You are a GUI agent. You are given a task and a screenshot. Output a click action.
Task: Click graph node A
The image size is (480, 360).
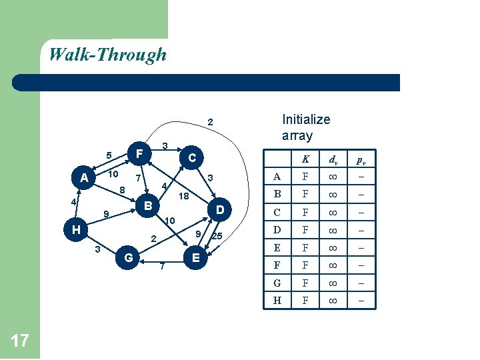(84, 178)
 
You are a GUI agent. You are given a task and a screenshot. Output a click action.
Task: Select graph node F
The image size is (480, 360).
(139, 153)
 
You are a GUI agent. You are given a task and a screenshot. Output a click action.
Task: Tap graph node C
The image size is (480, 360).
(192, 158)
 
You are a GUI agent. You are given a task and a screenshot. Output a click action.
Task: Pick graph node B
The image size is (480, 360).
(149, 203)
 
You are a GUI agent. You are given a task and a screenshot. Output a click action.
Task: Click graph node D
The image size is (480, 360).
(219, 210)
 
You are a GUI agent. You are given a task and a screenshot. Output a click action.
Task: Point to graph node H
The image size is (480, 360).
(77, 230)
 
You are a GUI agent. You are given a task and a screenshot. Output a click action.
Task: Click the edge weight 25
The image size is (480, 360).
(217, 237)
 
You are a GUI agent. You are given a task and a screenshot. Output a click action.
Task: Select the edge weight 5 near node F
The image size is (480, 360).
(109, 156)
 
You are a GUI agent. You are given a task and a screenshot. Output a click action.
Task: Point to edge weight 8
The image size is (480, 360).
(122, 191)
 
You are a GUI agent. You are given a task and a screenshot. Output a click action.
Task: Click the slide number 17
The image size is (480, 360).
(20, 341)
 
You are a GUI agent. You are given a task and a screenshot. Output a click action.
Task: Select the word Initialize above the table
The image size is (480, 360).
(306, 120)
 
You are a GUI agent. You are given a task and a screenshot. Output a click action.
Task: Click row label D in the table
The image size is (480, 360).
(277, 230)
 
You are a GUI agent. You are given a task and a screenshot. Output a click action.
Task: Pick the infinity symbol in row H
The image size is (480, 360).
(332, 300)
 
